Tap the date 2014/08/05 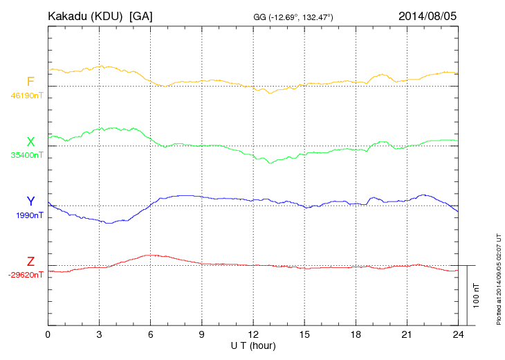[428, 15]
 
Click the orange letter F [30, 82]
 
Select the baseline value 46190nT [27, 96]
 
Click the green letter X [30, 141]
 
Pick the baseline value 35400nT [27, 156]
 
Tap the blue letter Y [30, 201]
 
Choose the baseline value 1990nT [30, 215]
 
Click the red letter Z [30, 262]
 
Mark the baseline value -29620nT [26, 275]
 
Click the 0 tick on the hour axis [48, 334]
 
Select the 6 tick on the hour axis [151, 334]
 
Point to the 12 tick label [253, 334]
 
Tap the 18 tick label [356, 334]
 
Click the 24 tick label [458, 334]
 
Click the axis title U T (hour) [253, 345]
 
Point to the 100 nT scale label [476, 296]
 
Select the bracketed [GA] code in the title [141, 15]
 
